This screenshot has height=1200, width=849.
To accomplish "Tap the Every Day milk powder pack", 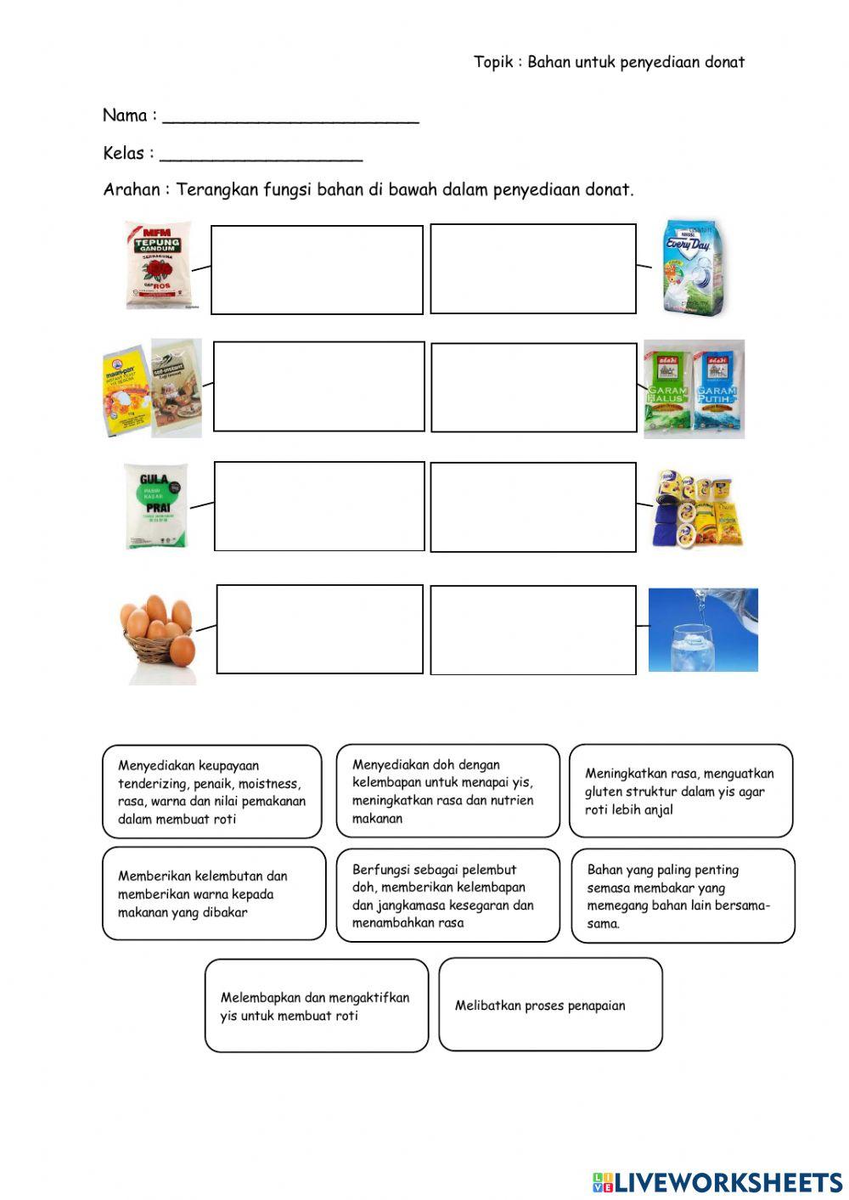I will click(694, 267).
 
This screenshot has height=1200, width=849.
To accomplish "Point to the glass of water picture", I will click(703, 629).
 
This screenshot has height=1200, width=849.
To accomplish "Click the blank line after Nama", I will click(290, 117).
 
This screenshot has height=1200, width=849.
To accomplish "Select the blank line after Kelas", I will click(261, 155).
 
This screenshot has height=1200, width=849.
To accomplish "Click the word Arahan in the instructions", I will click(131, 189).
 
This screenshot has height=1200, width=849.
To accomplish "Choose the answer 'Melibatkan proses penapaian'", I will click(550, 1006).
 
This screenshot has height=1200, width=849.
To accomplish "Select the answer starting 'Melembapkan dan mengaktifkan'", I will click(316, 1006).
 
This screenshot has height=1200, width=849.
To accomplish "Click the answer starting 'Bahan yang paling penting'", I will click(682, 896).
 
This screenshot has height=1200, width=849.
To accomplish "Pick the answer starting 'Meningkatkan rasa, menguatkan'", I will click(680, 792).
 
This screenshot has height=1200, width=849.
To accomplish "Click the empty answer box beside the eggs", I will click(319, 629).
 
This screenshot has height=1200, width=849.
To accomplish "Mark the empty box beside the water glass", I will click(533, 630).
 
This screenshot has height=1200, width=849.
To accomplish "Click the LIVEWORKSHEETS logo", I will click(717, 1181).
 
